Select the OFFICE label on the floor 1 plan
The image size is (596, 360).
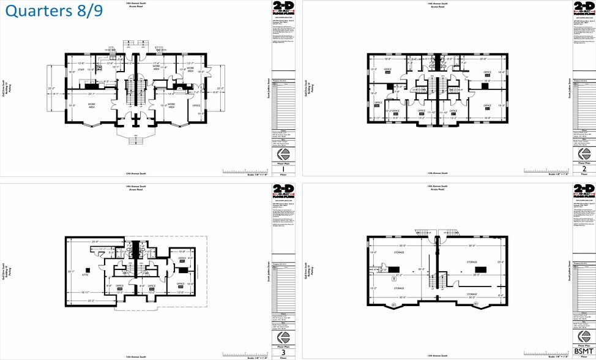tap(196, 105)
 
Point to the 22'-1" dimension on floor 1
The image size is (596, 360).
tap(91, 94)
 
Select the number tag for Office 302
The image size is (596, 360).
tap(182, 261)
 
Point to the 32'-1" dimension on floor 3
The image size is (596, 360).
tap(70, 272)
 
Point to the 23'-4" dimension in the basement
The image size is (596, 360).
tap(501, 263)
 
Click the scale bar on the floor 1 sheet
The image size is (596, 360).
tap(245, 171)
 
